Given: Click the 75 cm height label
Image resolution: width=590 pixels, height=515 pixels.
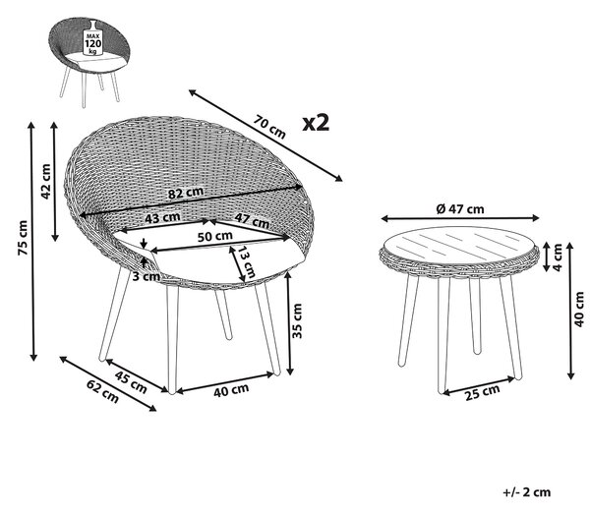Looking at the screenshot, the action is click(24, 238).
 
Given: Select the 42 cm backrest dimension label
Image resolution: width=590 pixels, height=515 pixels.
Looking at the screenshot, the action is click(45, 181).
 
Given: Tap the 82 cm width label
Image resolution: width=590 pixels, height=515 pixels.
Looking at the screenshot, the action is click(186, 193).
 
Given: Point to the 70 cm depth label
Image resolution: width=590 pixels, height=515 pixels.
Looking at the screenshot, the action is click(269, 127).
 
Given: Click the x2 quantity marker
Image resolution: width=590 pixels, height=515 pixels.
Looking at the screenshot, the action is click(316, 122).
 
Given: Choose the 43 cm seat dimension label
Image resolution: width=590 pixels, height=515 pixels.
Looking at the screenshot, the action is click(162, 218).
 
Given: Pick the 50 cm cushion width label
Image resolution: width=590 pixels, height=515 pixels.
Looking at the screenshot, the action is click(215, 237).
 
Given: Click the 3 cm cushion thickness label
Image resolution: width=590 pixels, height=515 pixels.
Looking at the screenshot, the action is click(146, 276).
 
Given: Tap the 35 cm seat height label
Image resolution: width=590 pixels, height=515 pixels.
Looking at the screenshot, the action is click(297, 320).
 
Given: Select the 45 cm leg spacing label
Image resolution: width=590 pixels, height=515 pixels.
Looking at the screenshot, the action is click(131, 382).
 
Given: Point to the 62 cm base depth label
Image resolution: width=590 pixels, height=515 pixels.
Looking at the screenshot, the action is click(102, 391).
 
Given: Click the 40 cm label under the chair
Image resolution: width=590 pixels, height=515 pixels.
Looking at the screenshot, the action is click(231, 390).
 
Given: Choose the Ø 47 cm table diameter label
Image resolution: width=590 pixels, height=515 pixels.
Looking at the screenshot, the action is click(460, 208).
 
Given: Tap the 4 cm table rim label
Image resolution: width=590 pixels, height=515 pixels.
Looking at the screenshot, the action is click(558, 257).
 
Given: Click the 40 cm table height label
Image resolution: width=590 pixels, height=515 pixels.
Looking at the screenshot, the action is click(580, 310).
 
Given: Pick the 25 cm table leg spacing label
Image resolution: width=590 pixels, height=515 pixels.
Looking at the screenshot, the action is click(483, 392).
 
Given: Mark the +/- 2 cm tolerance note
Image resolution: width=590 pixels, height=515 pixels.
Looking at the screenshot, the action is click(527, 492).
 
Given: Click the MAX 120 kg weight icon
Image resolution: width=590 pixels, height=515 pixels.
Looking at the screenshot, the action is click(92, 39).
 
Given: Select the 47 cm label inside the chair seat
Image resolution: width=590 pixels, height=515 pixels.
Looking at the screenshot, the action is click(252, 220).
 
